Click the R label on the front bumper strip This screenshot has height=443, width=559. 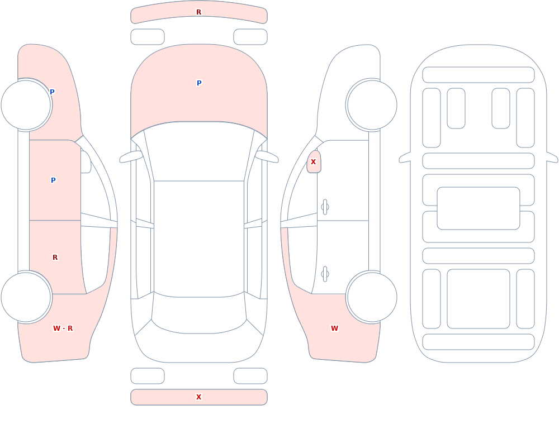tap(198, 12)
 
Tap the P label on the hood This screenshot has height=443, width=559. tap(199, 83)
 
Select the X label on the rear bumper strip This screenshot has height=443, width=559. tap(198, 397)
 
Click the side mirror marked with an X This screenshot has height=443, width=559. tap(314, 162)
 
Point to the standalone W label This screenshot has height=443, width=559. tap(334, 328)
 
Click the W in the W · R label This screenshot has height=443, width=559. tap(56, 328)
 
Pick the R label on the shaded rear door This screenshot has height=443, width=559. tap(55, 258)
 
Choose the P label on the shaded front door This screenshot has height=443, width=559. tap(53, 180)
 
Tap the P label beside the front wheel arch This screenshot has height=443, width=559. tap(52, 92)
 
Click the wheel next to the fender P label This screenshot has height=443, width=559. tap(26, 105)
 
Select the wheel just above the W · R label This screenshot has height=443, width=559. tap(26, 297)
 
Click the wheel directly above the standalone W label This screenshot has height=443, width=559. tap(372, 297)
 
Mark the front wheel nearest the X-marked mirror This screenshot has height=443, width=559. tap(372, 105)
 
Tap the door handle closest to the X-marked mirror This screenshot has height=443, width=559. tap(325, 207)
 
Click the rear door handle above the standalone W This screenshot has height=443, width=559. tap(325, 274)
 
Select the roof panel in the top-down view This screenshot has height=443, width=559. tap(199, 239)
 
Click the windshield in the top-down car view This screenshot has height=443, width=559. tap(199, 151)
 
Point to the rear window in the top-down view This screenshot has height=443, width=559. tap(199, 313)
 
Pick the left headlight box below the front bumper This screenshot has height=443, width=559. tap(148, 37)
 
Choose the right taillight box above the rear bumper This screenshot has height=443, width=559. tap(250, 376)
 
